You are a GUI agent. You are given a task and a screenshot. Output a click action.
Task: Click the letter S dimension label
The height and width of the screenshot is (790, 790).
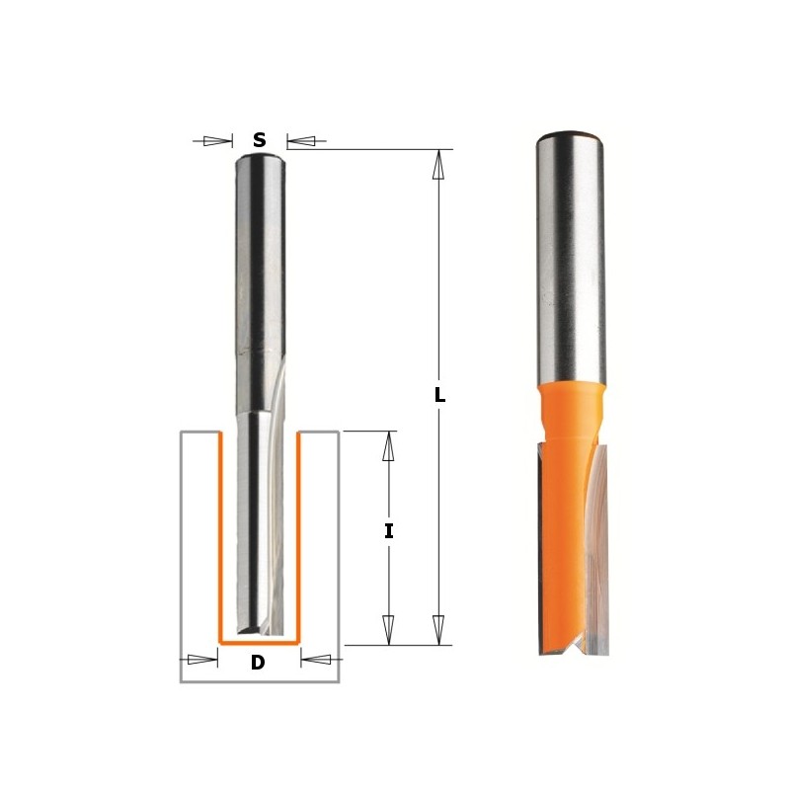pos(259,140)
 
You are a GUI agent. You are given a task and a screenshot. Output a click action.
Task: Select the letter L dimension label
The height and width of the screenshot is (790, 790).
pos(439,395)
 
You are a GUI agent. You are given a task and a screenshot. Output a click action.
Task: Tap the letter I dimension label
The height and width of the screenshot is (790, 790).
pos(388,531)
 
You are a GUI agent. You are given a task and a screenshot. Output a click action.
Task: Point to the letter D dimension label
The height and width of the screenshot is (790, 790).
pos(258,663)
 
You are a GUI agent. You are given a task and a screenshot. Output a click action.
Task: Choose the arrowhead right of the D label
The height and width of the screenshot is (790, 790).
pos(315,659)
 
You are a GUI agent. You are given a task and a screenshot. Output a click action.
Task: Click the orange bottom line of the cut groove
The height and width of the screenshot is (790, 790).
pos(258,642)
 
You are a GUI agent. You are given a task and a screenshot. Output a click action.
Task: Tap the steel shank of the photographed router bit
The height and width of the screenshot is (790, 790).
pos(570,257)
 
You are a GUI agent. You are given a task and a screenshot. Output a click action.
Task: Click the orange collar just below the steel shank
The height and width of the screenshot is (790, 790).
pos(571,405)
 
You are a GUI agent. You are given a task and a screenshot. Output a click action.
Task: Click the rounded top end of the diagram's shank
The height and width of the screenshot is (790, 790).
pos(260,158)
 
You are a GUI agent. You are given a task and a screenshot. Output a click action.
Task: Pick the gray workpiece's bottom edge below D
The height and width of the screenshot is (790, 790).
pos(259,681)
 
